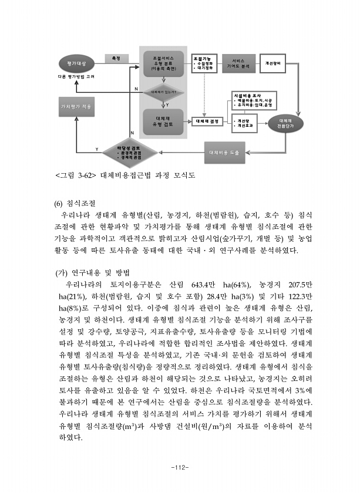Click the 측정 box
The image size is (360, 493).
[x=116, y=58]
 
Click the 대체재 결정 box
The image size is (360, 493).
[x=207, y=121]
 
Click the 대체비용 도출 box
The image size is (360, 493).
[x=224, y=153]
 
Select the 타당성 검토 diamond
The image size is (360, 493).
[x=125, y=153]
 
